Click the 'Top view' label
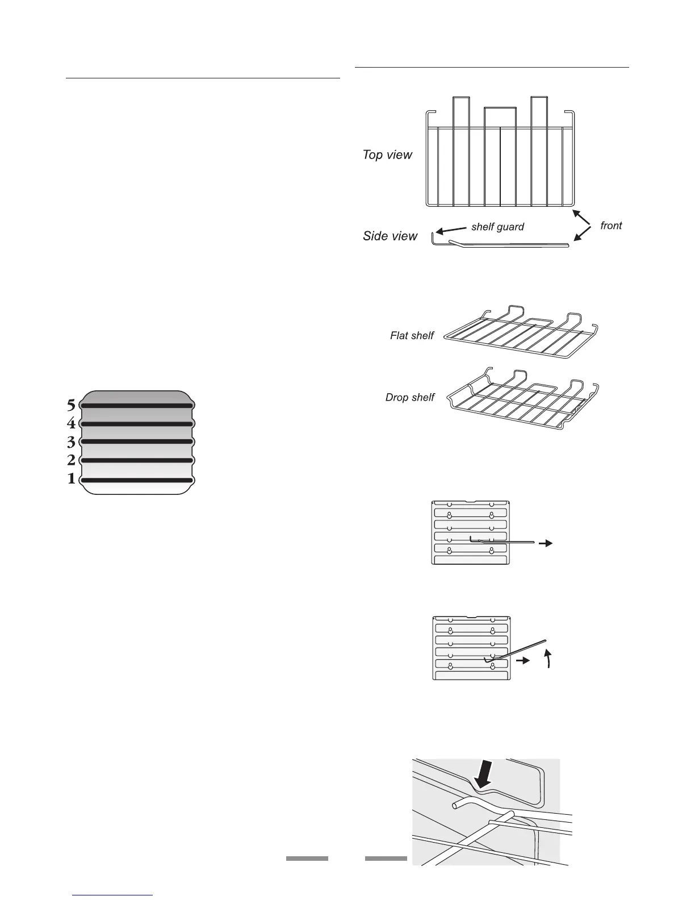pos(387,155)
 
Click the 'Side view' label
pos(390,236)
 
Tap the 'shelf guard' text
pos(497,227)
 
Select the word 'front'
pos(611,226)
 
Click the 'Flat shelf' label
pos(412,336)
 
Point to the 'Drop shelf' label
pos(409,398)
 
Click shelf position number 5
pos(71,405)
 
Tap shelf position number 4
pos(71,423)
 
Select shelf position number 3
pos(71,441)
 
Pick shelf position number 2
pos(71,460)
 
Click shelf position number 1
pos(71,479)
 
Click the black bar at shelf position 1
pos(137,481)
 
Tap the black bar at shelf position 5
pos(137,406)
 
